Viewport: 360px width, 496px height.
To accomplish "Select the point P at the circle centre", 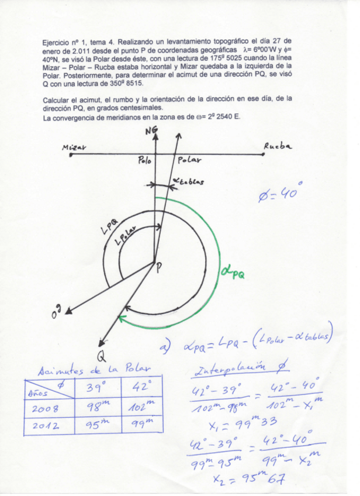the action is point(158,267).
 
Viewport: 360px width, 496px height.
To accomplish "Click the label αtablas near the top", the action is point(188,182).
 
